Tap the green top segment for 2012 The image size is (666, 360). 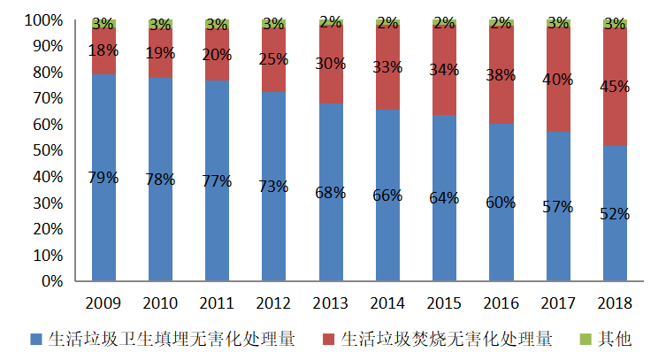[x=274, y=23]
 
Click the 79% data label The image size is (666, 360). [x=103, y=177]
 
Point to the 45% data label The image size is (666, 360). [x=615, y=87]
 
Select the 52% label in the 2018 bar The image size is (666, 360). [x=615, y=213]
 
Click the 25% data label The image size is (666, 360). [x=274, y=60]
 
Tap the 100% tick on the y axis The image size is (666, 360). [x=43, y=19]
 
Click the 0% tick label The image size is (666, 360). [x=51, y=281]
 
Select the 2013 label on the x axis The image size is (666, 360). [x=331, y=303]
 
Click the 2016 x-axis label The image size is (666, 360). [x=501, y=303]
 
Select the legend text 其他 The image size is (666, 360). [x=614, y=339]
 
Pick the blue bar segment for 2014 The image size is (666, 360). [x=387, y=230]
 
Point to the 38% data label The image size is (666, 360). [x=501, y=76]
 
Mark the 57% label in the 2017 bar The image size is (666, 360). [x=558, y=207]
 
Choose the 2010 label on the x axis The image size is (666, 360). [x=160, y=303]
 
